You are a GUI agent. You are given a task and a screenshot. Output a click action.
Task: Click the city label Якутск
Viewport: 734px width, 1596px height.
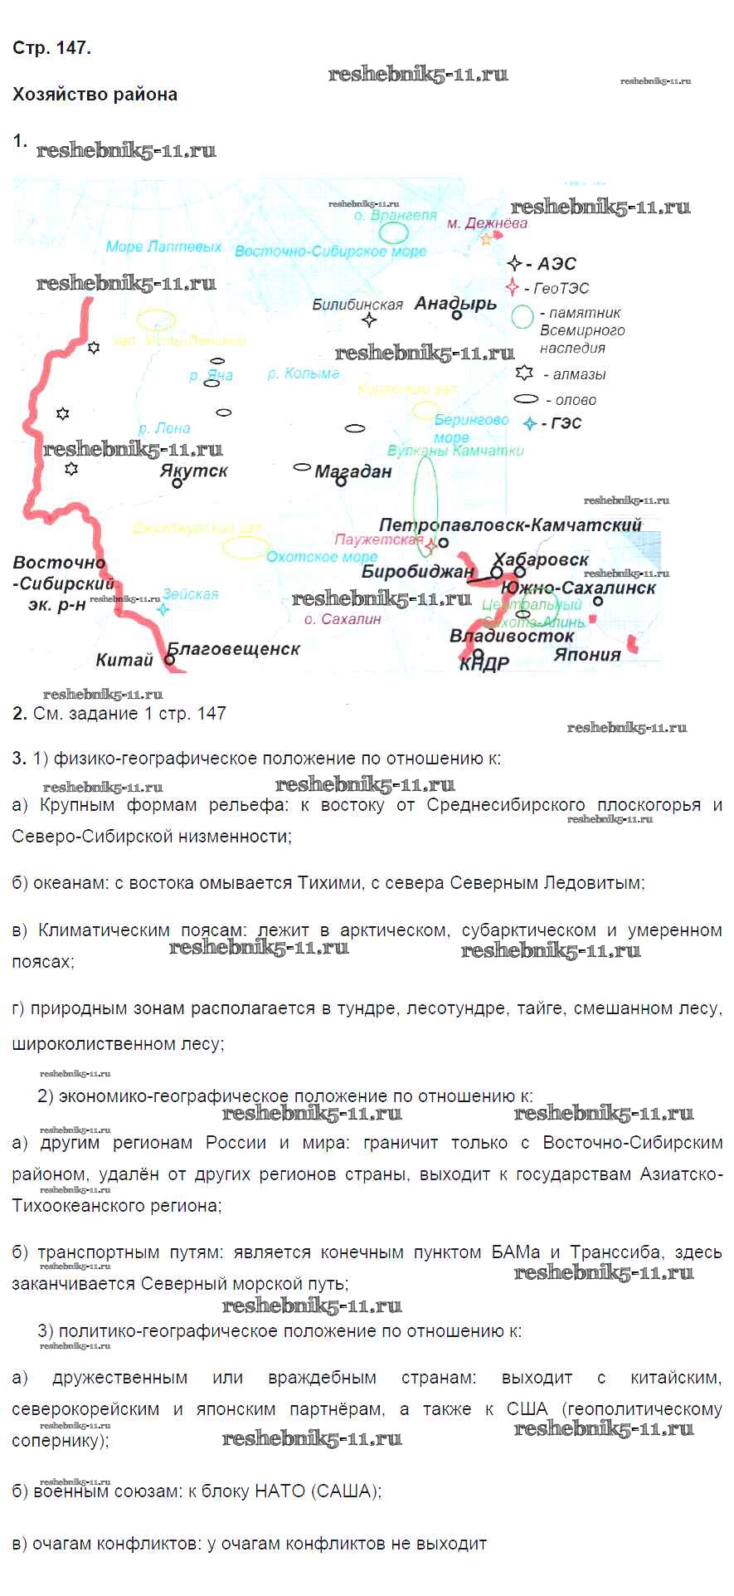(193, 471)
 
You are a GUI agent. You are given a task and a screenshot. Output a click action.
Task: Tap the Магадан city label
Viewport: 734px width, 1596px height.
(353, 471)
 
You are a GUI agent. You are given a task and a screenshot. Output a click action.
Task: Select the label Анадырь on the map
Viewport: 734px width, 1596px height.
(455, 303)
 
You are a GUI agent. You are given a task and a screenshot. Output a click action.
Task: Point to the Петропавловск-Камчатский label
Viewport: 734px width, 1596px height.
(510, 525)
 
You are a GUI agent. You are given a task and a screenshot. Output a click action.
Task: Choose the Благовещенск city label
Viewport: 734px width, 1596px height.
(234, 649)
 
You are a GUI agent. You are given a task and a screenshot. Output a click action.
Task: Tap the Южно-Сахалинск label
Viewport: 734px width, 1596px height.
(578, 588)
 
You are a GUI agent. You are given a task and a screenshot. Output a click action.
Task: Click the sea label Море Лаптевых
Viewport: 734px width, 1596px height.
(163, 246)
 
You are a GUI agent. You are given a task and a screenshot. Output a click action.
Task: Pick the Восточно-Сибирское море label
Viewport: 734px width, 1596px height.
(330, 251)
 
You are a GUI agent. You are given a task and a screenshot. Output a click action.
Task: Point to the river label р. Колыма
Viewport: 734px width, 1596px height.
(304, 373)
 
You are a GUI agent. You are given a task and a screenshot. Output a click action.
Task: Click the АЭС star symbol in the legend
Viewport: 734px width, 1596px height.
(515, 264)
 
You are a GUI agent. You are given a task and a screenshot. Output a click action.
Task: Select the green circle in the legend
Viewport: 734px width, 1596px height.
(522, 316)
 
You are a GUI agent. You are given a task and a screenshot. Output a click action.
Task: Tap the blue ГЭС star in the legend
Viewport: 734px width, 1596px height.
(530, 424)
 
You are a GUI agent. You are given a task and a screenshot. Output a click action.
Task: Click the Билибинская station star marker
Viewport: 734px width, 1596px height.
(369, 320)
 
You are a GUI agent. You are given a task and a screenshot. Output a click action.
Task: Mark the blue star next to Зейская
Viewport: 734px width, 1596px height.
(163, 609)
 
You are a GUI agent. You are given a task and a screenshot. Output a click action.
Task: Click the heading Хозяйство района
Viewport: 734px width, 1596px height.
(95, 95)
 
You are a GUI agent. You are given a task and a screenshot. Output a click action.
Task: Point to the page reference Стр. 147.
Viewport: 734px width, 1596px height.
(51, 48)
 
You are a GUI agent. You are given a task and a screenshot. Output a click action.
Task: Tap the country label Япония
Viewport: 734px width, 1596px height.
(586, 655)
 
